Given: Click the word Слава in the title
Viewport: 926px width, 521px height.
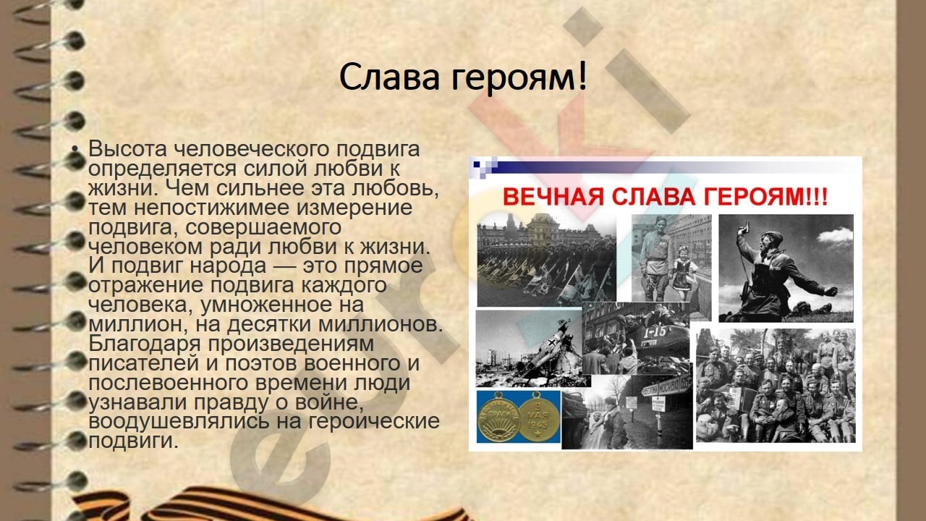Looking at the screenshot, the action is pos(389,77).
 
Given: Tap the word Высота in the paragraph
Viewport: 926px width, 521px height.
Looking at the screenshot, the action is pos(127,149).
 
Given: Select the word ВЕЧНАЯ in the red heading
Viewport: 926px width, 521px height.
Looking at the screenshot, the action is pos(553,196).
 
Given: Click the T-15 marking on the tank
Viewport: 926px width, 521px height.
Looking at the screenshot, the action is pos(655,331).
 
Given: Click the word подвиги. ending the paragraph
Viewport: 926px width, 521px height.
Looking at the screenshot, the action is pos(133,441).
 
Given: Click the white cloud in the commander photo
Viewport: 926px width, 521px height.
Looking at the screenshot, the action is pos(835,235).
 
